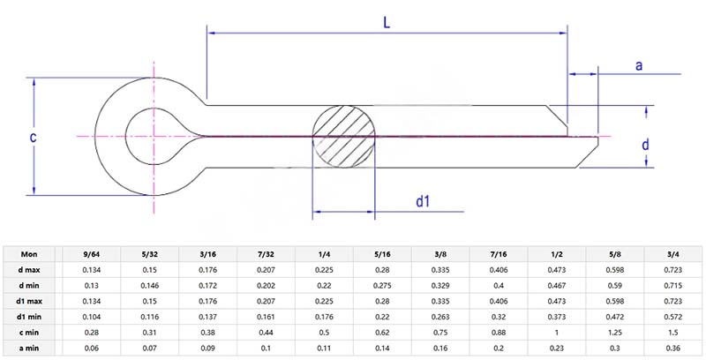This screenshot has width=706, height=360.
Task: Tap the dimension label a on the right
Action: coord(638,65)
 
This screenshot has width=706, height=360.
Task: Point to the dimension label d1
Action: coord(423,201)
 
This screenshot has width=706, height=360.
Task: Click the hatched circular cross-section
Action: coord(343,136)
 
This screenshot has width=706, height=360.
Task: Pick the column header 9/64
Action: coord(91,252)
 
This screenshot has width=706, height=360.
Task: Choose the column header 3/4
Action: coord(673,252)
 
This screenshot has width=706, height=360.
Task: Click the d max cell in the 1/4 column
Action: coord(324,268)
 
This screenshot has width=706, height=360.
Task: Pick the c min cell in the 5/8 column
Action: coord(615,332)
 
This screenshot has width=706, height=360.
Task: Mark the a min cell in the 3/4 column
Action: coord(673,348)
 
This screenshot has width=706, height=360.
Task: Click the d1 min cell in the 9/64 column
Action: coord(91,316)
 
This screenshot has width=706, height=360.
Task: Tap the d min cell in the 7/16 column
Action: coord(499,284)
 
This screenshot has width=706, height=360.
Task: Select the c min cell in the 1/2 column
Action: coord(557,332)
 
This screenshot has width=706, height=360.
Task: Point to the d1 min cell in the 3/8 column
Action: coord(440,316)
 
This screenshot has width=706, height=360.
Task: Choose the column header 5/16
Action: coord(382,252)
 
